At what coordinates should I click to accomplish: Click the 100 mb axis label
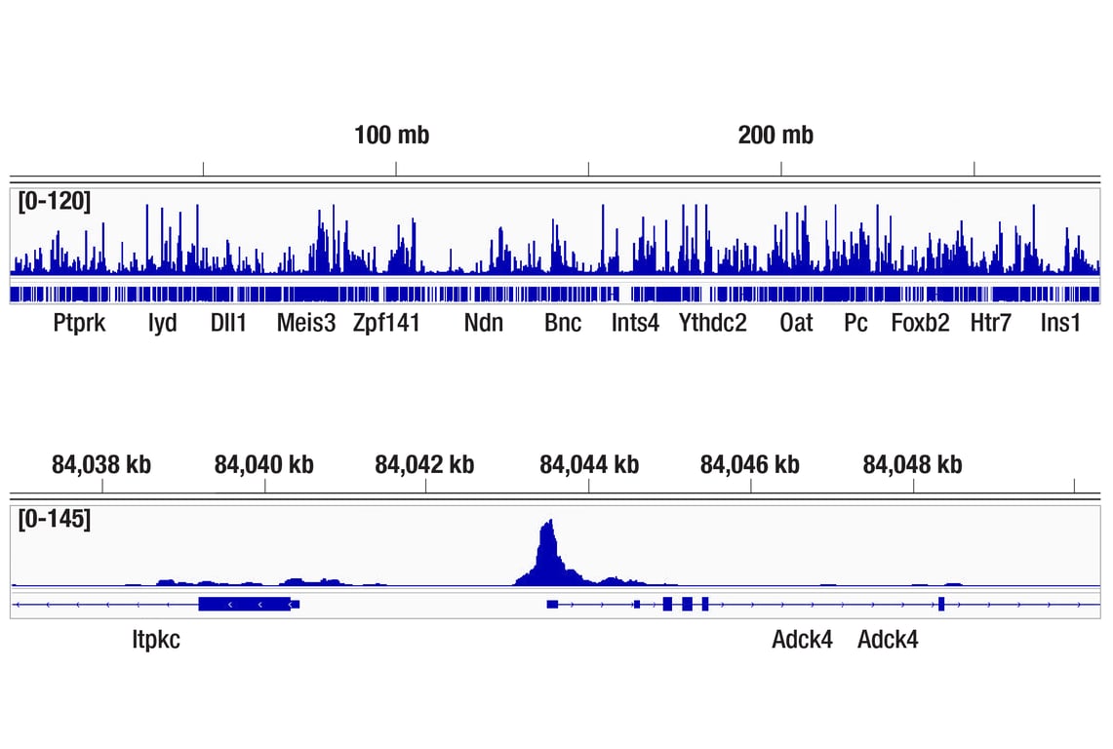click(391, 136)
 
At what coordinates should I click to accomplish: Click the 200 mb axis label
click(775, 136)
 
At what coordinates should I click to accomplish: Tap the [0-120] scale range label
click(54, 202)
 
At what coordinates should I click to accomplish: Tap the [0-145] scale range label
click(54, 519)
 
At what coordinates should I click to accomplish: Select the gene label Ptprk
click(79, 323)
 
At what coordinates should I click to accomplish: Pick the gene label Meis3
click(306, 323)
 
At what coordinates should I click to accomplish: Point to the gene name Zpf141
click(386, 323)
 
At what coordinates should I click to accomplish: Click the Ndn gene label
click(484, 323)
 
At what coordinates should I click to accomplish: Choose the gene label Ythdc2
click(712, 323)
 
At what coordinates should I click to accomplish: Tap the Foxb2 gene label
click(920, 323)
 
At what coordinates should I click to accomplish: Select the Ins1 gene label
click(1060, 323)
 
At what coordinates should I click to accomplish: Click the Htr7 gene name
click(990, 323)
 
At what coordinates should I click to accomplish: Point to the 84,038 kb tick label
click(101, 465)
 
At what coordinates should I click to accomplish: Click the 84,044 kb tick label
click(589, 465)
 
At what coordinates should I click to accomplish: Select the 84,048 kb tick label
click(912, 465)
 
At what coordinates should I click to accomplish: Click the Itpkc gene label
click(156, 640)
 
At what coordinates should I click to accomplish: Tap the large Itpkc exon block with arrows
click(244, 605)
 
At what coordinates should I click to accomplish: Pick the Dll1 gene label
click(228, 323)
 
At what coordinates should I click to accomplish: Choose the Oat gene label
click(796, 323)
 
